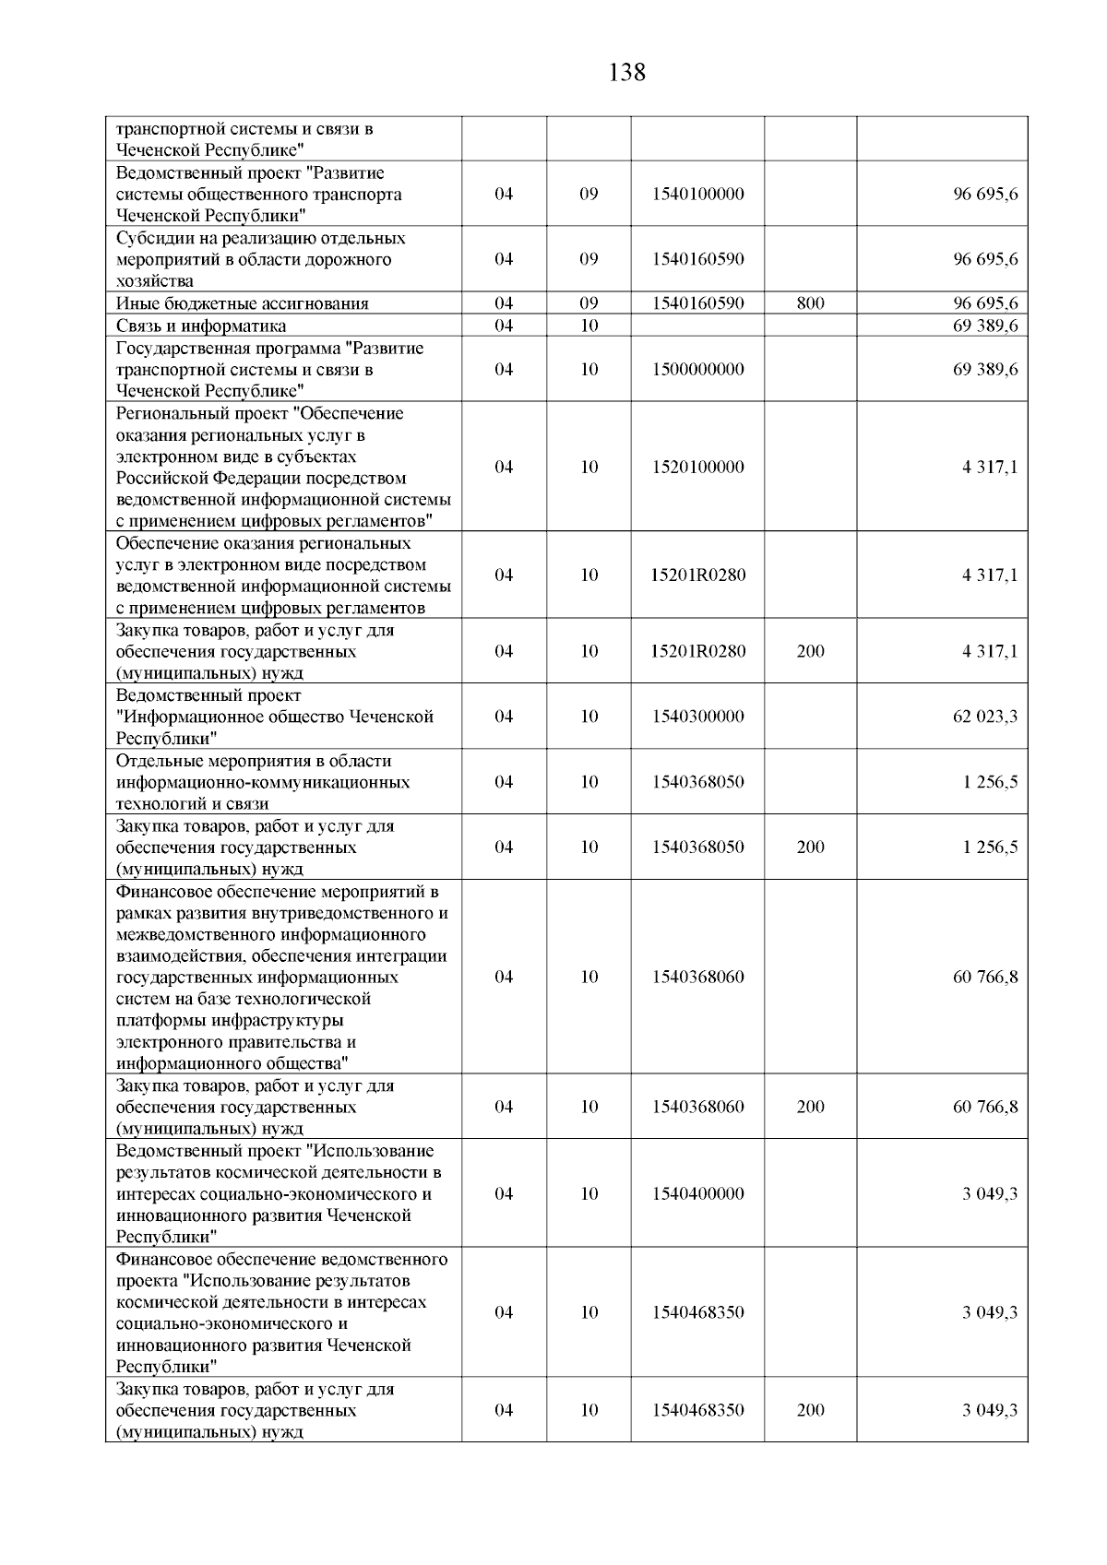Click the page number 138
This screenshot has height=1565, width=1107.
[x=627, y=72]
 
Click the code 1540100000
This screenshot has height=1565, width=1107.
[x=697, y=195]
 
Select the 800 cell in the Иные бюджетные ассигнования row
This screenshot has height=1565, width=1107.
[x=810, y=303]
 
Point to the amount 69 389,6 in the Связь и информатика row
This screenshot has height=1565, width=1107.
[x=985, y=326]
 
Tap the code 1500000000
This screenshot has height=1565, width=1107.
[x=697, y=370]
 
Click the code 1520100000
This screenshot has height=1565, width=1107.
[x=697, y=468]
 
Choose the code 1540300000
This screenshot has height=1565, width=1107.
[x=697, y=717]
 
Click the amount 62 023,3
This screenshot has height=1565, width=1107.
[x=985, y=717]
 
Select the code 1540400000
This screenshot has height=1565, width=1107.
[x=697, y=1194]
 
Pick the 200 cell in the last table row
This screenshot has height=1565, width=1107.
[x=810, y=1410]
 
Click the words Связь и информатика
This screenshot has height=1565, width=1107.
[x=201, y=326]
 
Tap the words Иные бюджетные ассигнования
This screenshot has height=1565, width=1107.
[x=243, y=303]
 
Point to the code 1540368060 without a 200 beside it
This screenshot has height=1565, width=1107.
[x=697, y=978]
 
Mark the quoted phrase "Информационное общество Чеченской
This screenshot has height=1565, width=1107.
[x=275, y=717]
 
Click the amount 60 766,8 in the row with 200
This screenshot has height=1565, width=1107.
[x=985, y=1107]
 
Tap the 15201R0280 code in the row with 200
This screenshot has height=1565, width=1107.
[x=697, y=652]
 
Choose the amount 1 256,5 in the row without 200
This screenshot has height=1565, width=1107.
[x=990, y=782]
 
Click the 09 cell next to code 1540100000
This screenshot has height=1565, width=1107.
[x=589, y=195]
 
